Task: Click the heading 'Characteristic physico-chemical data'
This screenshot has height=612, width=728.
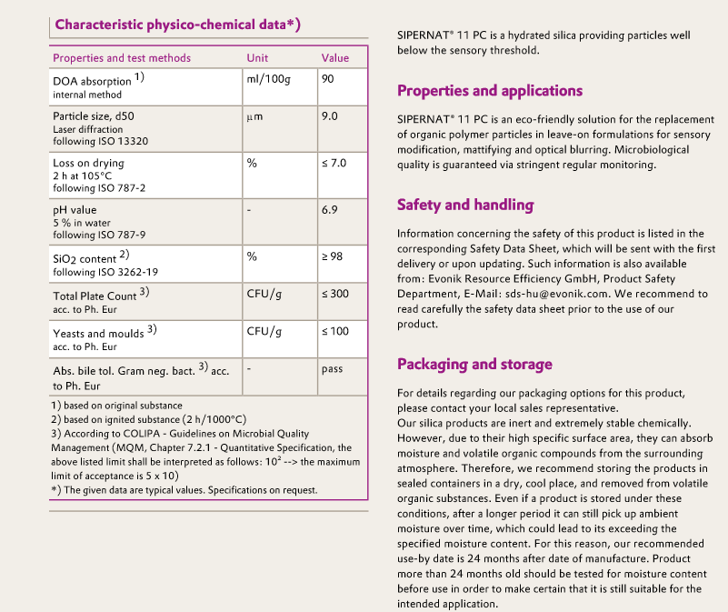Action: tap(177, 25)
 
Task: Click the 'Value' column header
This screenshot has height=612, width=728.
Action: tap(335, 58)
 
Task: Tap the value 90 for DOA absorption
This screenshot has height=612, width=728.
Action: tap(328, 79)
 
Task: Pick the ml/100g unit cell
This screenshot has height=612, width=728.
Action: tap(265, 79)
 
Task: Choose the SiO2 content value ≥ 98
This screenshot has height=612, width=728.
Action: tap(332, 256)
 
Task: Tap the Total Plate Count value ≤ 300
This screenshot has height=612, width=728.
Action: tap(335, 294)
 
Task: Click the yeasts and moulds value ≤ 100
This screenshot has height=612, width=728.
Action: tap(335, 331)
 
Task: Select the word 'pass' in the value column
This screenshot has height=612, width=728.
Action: tap(332, 369)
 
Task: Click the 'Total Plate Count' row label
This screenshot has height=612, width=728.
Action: tap(95, 296)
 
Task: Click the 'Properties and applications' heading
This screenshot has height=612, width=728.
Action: tap(490, 91)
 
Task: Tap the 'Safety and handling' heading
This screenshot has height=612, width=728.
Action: tap(465, 205)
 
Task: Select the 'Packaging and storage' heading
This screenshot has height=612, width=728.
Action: tap(474, 364)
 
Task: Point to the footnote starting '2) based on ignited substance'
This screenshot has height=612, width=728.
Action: tap(148, 419)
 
